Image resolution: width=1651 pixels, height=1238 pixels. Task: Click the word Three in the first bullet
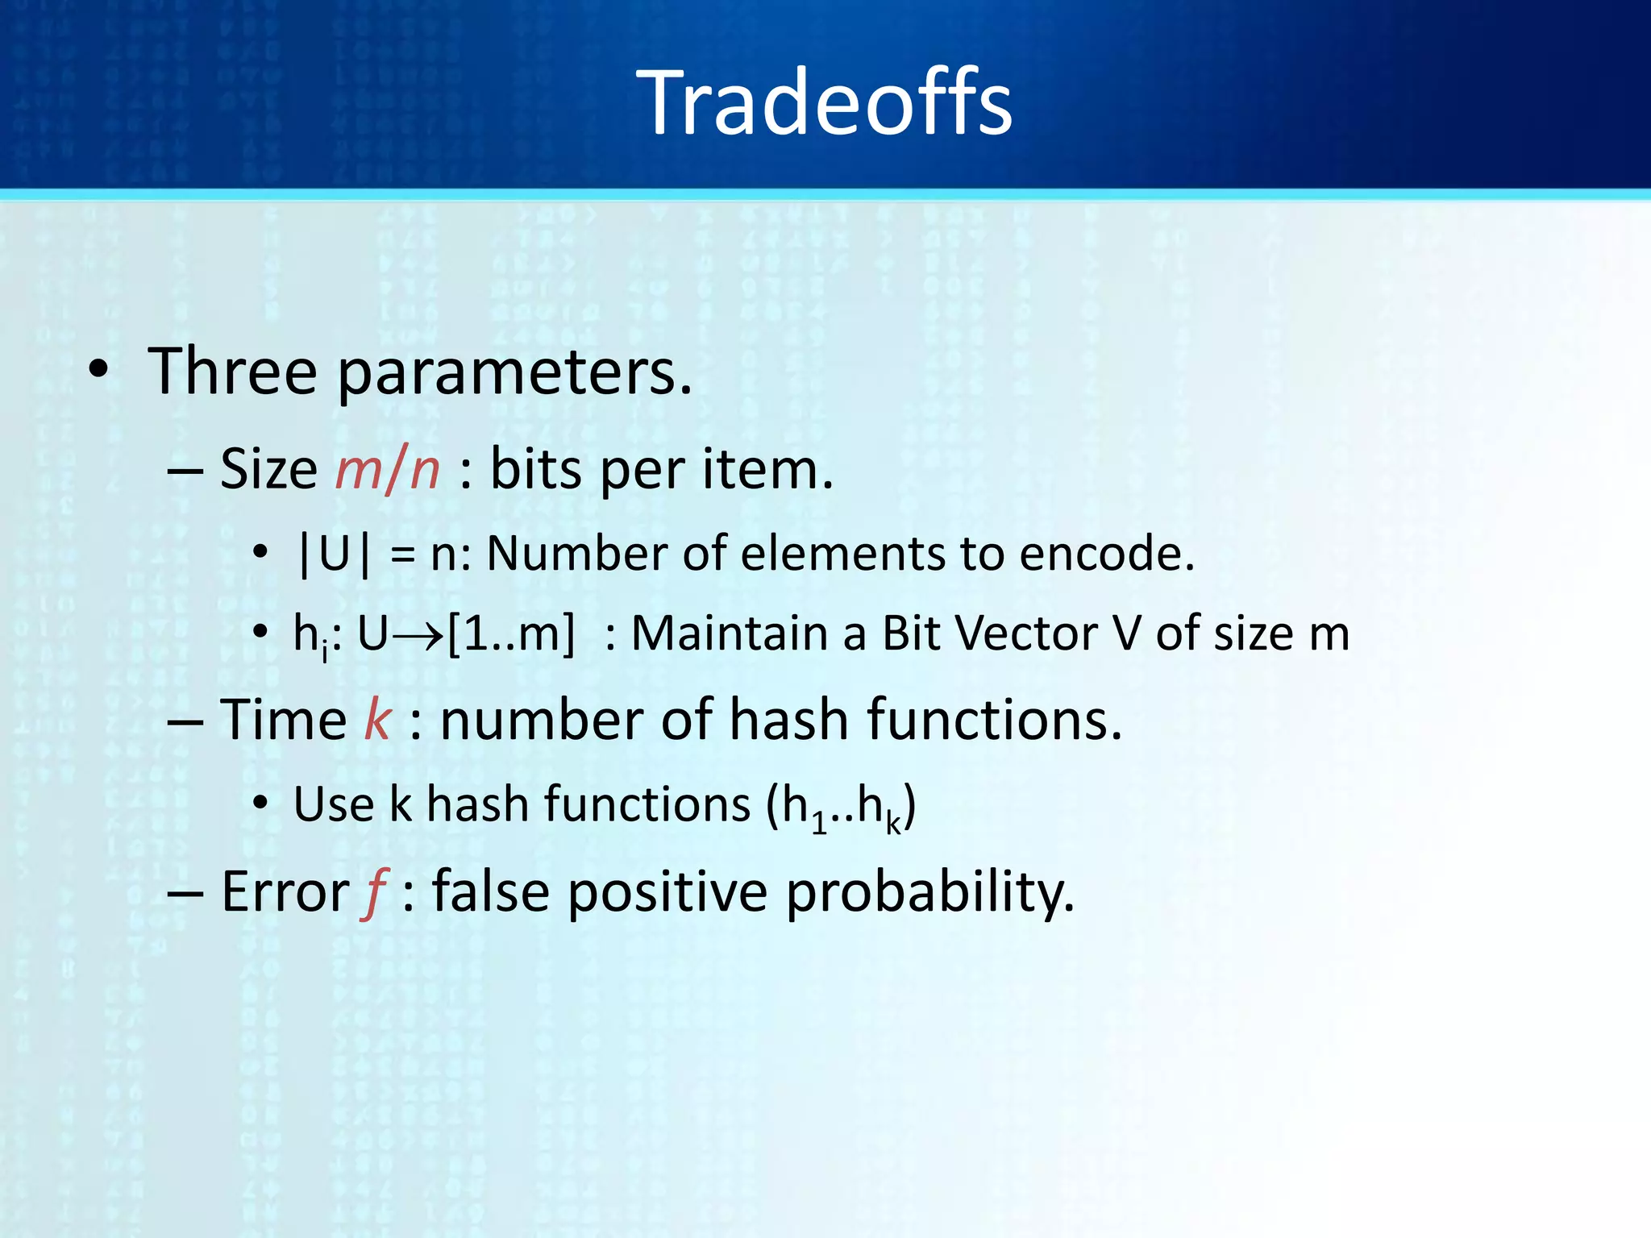pos(233,372)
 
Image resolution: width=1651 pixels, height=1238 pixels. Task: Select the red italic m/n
pos(387,470)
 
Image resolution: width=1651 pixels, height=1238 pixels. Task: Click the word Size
pos(268,470)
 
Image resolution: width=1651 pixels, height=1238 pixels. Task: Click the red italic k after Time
pos(377,721)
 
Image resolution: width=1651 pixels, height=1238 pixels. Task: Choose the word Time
pos(283,721)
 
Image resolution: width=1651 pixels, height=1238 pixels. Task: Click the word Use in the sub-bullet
pos(333,805)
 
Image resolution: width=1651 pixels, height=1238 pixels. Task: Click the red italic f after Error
pos(375,893)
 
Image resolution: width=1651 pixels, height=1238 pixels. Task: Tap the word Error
pos(285,893)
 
